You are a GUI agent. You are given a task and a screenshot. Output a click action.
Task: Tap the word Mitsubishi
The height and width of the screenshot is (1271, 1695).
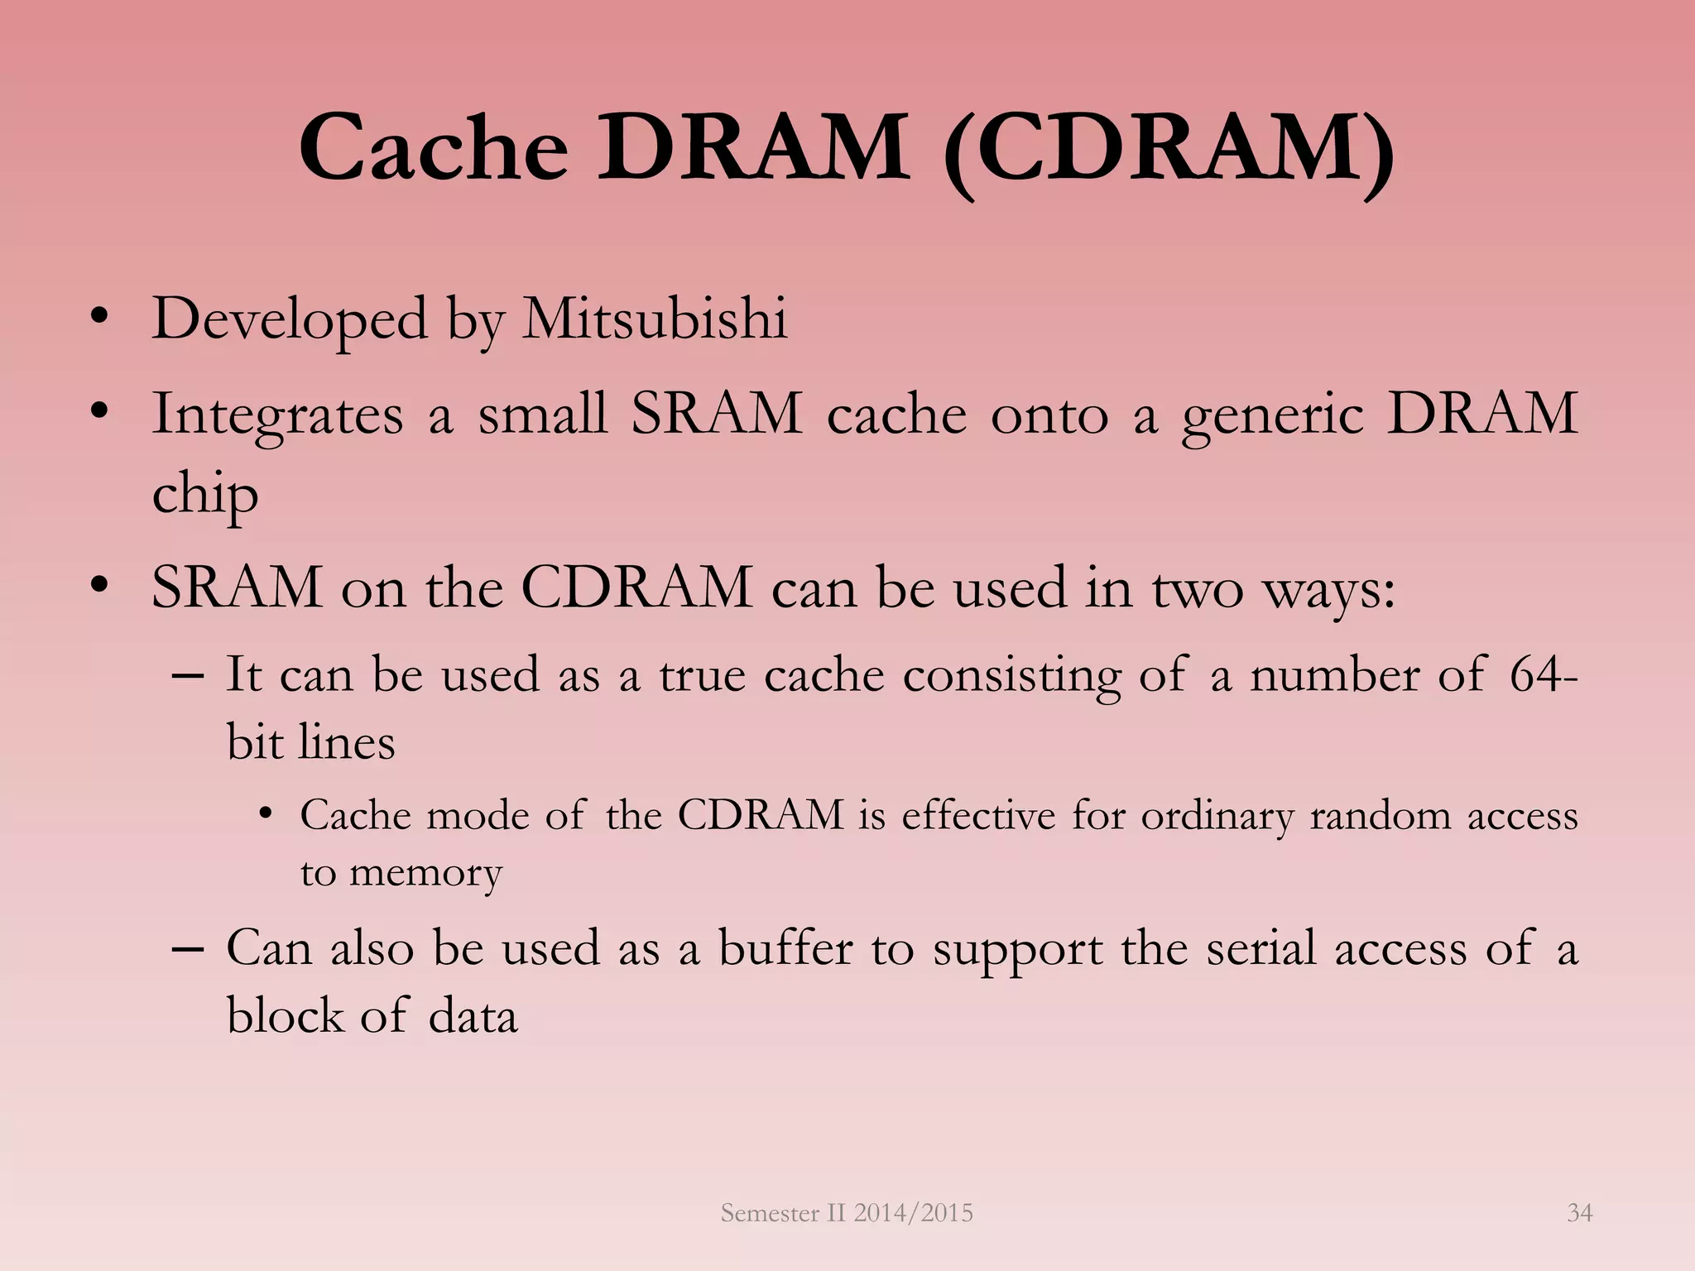point(655,319)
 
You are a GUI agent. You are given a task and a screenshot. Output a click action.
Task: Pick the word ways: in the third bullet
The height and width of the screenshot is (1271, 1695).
point(1328,589)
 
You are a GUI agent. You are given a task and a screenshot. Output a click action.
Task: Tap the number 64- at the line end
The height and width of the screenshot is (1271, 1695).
point(1544,674)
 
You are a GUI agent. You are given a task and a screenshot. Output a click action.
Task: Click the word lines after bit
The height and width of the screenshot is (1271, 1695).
point(348,742)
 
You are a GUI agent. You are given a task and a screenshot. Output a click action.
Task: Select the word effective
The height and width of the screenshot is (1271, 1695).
point(978,816)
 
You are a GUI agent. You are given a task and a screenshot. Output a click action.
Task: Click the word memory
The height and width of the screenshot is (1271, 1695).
point(425,874)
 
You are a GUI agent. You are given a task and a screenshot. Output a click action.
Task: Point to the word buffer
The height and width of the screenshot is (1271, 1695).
point(785,948)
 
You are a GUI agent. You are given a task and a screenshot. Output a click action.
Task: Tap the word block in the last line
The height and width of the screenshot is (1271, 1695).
point(284,1016)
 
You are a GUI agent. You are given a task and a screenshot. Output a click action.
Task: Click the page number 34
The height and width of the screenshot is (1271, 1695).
point(1579,1213)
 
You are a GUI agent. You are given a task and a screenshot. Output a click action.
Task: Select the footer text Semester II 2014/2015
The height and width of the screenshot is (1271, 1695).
point(847,1213)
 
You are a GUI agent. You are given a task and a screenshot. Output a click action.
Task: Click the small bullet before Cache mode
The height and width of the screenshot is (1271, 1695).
point(265,814)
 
